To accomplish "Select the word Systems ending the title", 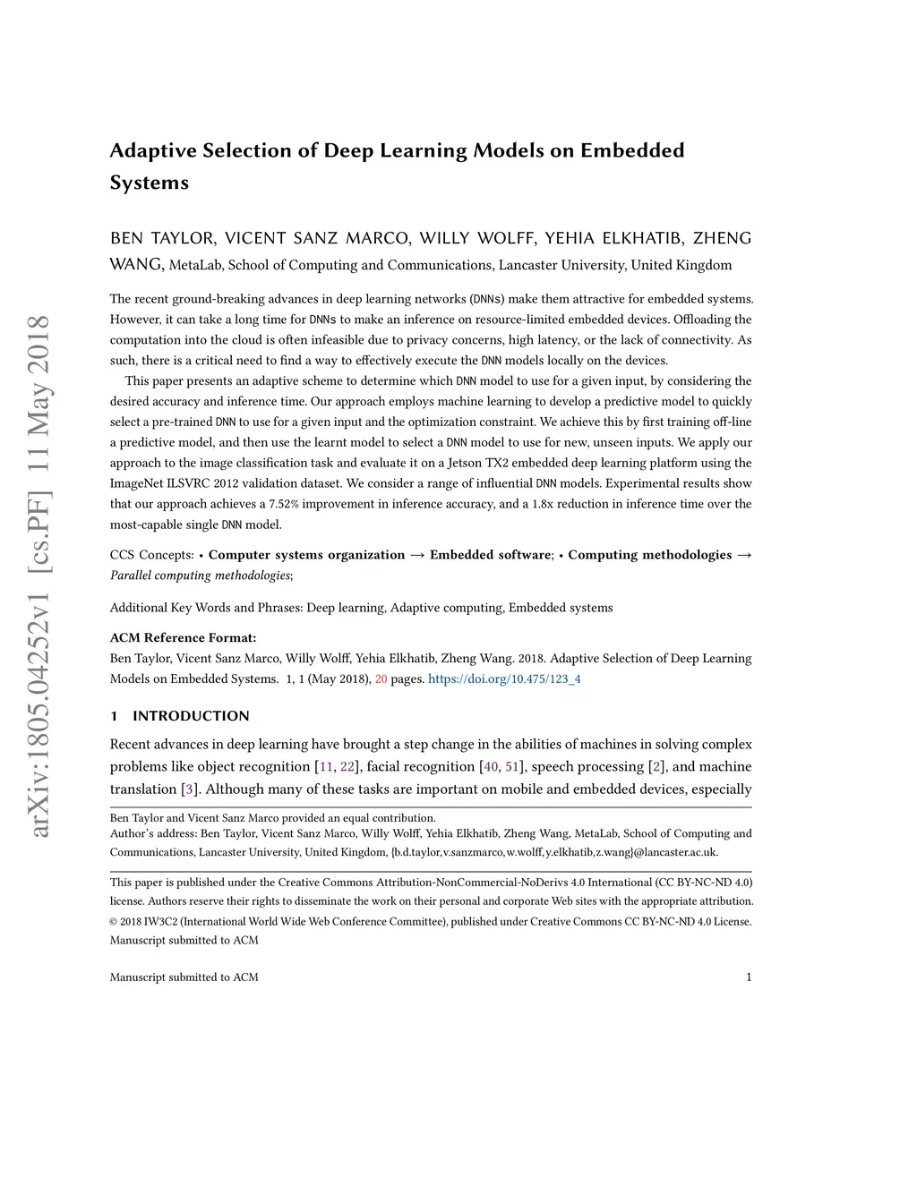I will (149, 183).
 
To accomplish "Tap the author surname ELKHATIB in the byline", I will (642, 238).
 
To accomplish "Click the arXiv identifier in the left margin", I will (39, 576).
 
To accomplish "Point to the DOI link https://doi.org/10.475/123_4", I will (504, 679).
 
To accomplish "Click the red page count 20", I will (381, 679).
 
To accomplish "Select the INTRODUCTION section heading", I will (191, 716).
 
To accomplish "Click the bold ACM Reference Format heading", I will (183, 638).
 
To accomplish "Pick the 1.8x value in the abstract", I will (543, 504).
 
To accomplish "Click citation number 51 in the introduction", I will (512, 767).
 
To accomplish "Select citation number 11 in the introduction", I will (326, 767).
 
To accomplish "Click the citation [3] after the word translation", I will (188, 789).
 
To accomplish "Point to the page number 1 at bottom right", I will (748, 977).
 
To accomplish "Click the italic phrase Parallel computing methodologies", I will (200, 576).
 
